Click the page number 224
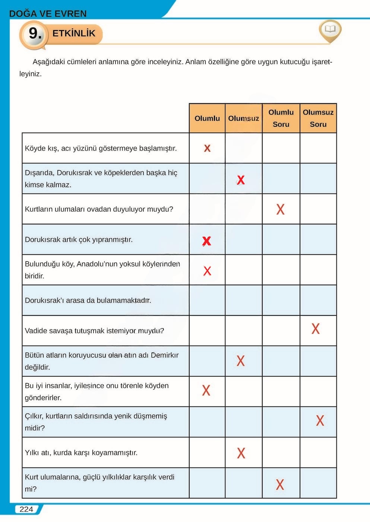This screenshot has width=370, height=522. click(26, 509)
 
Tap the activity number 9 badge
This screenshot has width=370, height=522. click(35, 34)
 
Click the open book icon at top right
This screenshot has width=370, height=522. click(330, 29)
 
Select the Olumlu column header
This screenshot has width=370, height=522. click(207, 118)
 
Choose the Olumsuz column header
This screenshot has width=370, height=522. click(243, 118)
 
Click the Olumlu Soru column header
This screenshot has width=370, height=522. click(281, 118)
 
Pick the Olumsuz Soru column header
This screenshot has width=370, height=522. click(318, 118)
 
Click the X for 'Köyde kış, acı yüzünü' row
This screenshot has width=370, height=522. click(207, 148)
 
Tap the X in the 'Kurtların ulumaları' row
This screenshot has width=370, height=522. click(280, 209)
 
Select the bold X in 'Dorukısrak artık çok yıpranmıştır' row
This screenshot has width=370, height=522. click(206, 241)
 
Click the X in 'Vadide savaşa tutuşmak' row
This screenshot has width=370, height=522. click(316, 329)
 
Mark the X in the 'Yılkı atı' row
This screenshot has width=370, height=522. click(241, 453)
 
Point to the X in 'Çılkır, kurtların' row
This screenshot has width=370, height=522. click(320, 421)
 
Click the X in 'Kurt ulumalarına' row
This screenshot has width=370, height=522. click(280, 484)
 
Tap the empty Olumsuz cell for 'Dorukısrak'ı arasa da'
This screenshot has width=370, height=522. click(244, 301)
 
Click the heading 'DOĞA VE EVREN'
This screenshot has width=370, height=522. click(48, 14)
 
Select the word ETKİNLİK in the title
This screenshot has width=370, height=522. click(74, 34)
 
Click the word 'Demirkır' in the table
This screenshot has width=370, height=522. click(164, 355)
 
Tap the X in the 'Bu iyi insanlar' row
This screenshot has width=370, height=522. click(206, 390)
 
